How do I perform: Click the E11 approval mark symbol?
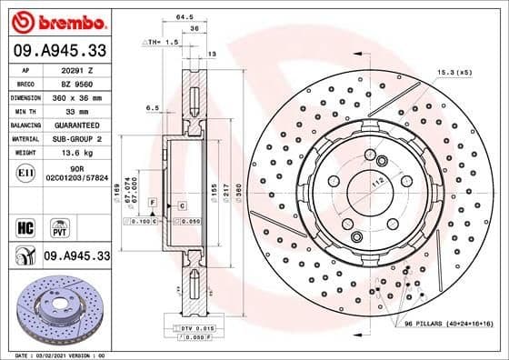point(26,170)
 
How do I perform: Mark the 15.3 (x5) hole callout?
point(454,71)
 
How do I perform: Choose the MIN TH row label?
point(26,110)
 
